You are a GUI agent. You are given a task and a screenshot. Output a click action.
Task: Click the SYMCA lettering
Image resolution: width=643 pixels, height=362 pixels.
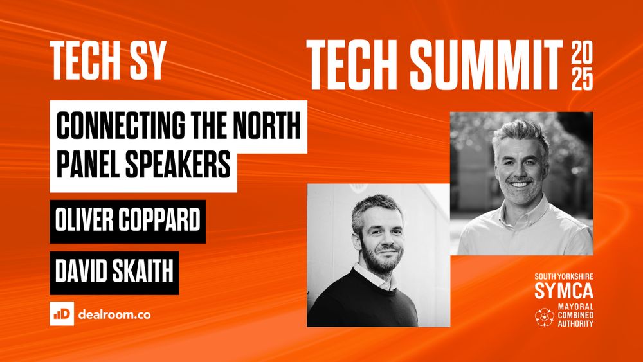(563, 291)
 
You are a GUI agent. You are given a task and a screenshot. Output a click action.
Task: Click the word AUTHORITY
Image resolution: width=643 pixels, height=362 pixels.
(574, 324)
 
